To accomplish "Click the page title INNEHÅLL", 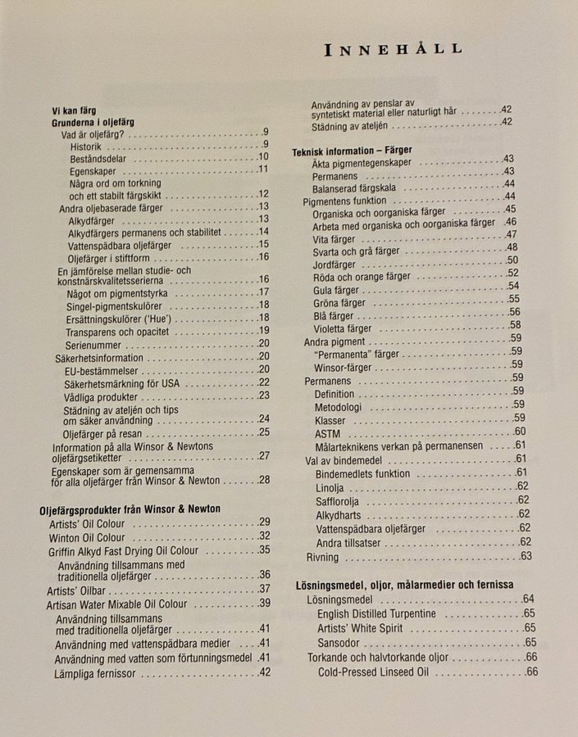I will [x=393, y=49].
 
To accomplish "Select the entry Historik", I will [x=86, y=146].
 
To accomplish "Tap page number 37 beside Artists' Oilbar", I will [x=264, y=589].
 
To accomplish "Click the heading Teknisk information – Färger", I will [x=352, y=151].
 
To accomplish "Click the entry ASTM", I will [x=327, y=432].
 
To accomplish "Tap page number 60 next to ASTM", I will [x=520, y=432].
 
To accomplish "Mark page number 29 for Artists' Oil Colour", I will [x=264, y=522].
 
